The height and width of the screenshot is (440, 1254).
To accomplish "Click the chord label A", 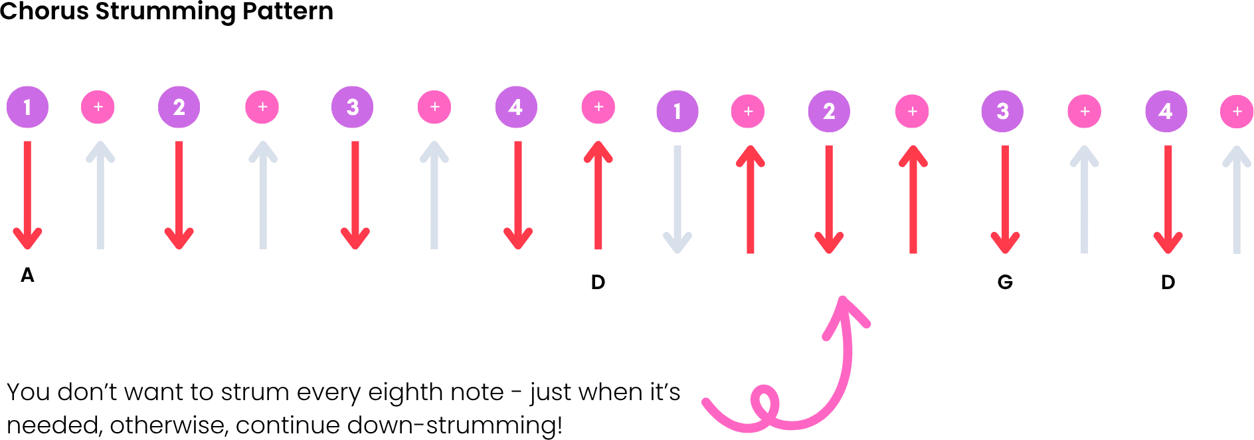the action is [27, 275].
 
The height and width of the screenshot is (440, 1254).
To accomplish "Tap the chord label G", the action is [1005, 282].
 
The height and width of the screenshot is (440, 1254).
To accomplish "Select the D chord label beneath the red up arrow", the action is [598, 282].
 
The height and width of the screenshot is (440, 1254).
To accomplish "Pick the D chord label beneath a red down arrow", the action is [1168, 282].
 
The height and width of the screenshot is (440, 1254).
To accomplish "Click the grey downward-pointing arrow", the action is [677, 199].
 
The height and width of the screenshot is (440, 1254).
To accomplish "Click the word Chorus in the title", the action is [44, 11].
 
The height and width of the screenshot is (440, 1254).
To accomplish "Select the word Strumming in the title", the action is [165, 12].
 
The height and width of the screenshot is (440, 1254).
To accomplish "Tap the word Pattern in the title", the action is [288, 11].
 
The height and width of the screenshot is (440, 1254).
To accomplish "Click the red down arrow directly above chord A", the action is [27, 195].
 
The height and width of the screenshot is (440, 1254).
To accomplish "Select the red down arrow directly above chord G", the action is [1005, 199].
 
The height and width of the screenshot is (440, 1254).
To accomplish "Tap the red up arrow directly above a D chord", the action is [598, 195].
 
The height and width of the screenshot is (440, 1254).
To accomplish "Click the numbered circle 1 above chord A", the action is [27, 107].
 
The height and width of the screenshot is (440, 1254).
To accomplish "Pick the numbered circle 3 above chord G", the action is [1002, 111].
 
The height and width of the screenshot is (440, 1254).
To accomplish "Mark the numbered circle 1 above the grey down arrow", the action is [677, 111].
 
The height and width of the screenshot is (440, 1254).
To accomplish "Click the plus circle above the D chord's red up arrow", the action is [598, 107].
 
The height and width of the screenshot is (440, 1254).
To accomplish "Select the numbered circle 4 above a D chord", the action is [1166, 111].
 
